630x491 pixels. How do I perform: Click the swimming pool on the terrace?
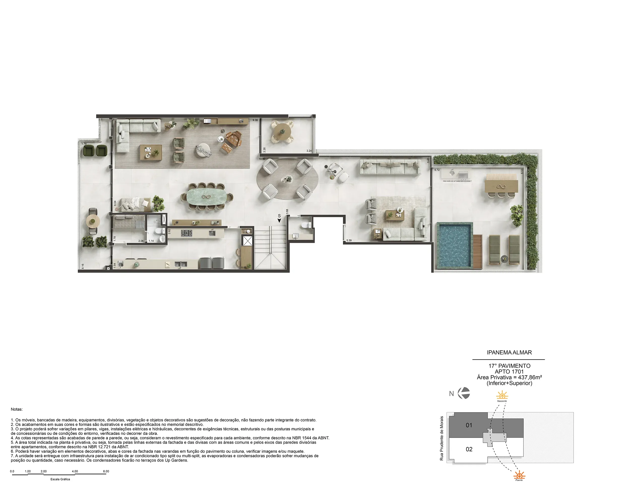(x=454, y=246)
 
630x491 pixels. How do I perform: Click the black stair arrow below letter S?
(x=279, y=221)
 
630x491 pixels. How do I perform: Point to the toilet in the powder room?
(x=305, y=225)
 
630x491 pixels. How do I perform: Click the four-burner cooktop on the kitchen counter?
(x=187, y=233)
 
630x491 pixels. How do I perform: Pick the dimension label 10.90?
(x=262, y=159)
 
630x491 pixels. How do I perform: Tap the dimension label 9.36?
(x=255, y=120)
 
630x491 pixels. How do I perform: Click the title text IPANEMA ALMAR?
(x=509, y=352)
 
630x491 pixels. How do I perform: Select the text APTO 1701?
(x=509, y=372)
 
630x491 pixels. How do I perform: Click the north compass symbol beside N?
(x=464, y=393)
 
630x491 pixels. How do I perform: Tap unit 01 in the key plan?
(x=469, y=425)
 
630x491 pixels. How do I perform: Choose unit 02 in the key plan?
(x=469, y=449)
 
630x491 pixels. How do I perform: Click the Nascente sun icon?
(x=502, y=395)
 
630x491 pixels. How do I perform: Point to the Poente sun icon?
(x=519, y=475)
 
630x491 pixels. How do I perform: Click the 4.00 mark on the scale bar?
(x=75, y=471)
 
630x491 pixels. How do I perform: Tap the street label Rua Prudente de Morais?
(x=441, y=438)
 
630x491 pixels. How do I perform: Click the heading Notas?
(x=17, y=409)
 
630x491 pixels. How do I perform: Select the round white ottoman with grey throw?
(x=203, y=150)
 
